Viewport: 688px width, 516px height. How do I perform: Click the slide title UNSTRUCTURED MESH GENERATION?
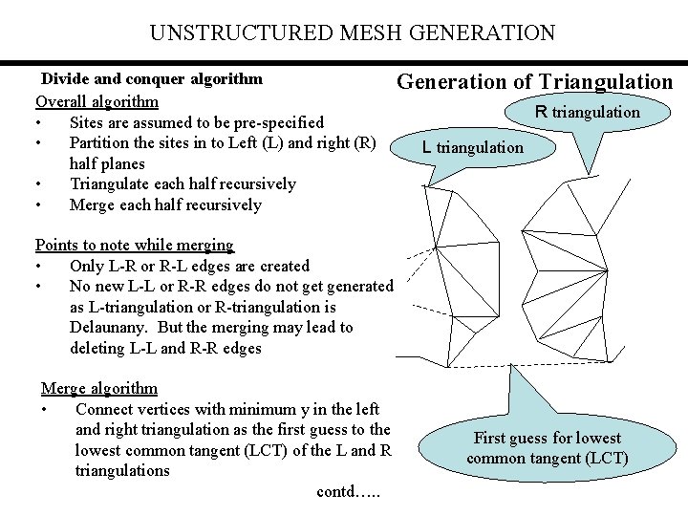coord(352,33)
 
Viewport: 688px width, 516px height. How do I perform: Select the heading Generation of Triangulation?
coord(534,82)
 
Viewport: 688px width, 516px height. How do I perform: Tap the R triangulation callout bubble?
coord(588,113)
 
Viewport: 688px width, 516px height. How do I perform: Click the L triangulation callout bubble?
coord(473,147)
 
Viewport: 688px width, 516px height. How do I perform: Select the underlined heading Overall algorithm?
coord(97,101)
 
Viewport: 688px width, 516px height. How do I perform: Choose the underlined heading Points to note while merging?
coord(134,246)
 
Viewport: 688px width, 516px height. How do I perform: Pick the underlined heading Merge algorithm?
coord(98,389)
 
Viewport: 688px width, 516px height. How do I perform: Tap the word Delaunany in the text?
coord(112,328)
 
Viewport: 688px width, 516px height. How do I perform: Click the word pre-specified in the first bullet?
coord(277,122)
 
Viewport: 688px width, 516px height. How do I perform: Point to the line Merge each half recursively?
coord(165,205)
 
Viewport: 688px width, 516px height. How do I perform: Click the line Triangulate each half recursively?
coord(183,184)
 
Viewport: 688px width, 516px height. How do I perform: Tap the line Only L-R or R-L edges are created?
coord(189,266)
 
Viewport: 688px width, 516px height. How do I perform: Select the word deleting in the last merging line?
coord(97,349)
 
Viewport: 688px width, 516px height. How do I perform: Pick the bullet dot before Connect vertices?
coord(45,410)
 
